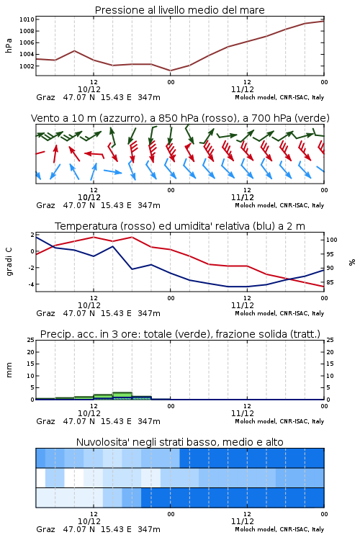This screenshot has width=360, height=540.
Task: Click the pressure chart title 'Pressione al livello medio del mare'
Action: coord(179,10)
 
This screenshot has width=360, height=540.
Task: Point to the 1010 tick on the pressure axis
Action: coord(27,19)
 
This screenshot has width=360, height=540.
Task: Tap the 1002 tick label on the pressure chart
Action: coord(27,66)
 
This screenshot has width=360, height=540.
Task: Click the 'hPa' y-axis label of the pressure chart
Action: coord(9,45)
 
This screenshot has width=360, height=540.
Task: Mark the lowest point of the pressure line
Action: coord(170,71)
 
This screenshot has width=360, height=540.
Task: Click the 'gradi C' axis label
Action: coord(9,261)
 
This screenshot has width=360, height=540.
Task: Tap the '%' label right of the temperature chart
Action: coord(352,262)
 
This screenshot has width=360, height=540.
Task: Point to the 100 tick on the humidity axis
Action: coord(332,240)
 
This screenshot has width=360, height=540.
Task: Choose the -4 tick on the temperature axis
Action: coord(31,284)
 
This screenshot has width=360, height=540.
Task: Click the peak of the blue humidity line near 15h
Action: coord(112,246)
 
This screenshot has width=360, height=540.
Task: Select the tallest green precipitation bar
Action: coord(122,396)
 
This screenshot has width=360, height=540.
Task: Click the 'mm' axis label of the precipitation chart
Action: coord(9,370)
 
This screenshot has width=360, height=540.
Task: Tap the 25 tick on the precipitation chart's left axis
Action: coord(31,341)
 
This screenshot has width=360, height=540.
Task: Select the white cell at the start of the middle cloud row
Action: coord(40,478)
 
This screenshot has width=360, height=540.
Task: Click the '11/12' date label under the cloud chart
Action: coord(243,521)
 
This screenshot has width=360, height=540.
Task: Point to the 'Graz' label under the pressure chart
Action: coord(45,97)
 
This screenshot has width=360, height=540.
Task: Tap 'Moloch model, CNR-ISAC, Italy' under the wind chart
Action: coord(279,205)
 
